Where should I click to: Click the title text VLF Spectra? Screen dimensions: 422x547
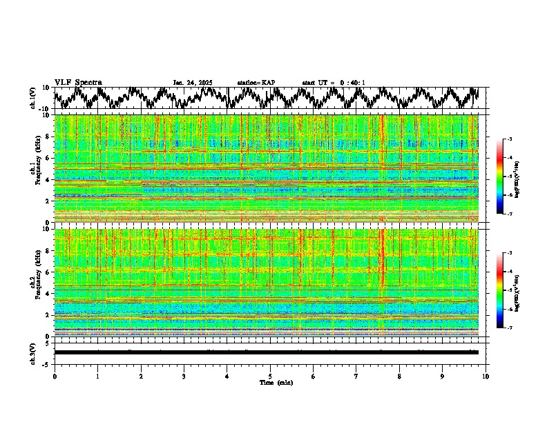coord(78,82)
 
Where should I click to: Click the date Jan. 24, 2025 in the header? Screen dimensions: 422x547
coord(193,83)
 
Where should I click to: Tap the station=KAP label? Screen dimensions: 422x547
coord(256,83)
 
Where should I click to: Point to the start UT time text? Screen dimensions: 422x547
coord(334,83)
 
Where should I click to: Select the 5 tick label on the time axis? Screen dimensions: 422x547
coord(270,376)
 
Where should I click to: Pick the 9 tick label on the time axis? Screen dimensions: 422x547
coord(443,376)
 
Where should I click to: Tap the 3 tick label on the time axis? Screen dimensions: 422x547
coord(184,376)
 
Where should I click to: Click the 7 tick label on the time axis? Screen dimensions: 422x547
coord(356,376)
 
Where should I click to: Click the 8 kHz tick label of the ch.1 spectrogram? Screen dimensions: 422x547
coord(47,137)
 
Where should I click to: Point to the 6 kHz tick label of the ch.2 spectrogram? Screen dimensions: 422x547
coord(47,272)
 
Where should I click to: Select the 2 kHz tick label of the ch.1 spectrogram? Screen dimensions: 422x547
coord(47,201)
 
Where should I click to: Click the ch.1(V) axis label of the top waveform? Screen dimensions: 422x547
coord(33,98)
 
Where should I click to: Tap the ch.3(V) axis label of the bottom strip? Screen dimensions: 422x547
coord(33,352)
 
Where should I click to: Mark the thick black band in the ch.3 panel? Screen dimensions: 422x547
coord(266,352)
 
